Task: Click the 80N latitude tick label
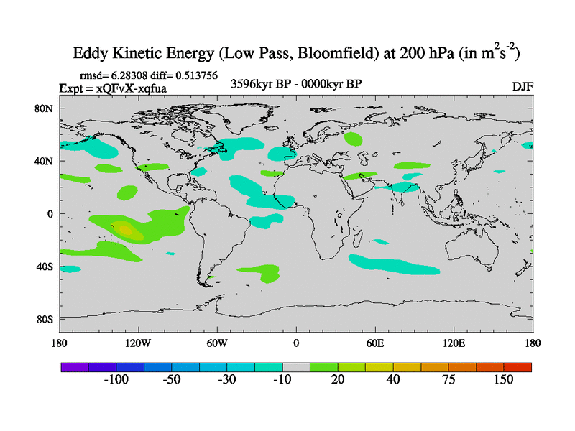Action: (44, 108)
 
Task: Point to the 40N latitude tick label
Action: (44, 161)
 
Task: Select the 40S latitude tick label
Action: (44, 267)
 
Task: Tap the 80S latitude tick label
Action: (44, 319)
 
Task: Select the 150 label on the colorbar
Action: (502, 379)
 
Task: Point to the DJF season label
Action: (523, 86)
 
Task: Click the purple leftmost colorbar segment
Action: (74, 366)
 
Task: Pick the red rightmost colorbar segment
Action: (517, 366)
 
